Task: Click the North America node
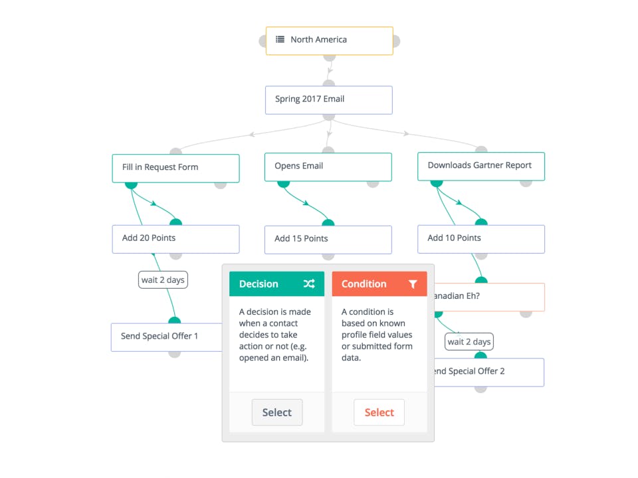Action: [x=329, y=40]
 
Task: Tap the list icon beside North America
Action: [x=280, y=39]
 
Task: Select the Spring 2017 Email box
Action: [x=329, y=100]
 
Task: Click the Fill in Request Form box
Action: [x=175, y=168]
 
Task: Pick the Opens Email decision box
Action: [x=328, y=167]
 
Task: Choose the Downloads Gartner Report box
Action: [x=481, y=166]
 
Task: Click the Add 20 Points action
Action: [x=175, y=239]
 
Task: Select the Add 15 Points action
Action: [x=328, y=240]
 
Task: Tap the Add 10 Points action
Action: [x=481, y=239]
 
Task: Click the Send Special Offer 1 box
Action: [x=167, y=337]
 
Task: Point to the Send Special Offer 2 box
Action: [x=489, y=372]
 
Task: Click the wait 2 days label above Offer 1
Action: [x=163, y=279]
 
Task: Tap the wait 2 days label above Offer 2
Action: [x=469, y=341]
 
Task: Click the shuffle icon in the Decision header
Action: [x=309, y=283]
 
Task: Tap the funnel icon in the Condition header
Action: [x=413, y=283]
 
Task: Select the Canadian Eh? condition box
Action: [x=490, y=297]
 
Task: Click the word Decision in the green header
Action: [x=259, y=283]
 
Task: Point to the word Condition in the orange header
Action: [x=364, y=283]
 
